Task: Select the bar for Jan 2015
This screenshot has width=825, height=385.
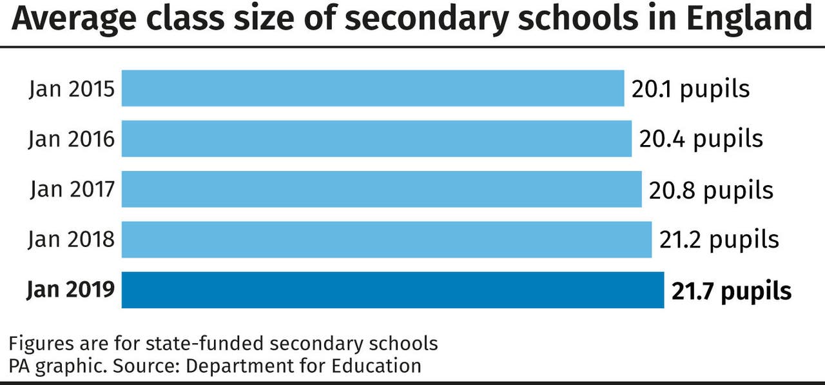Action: pyautogui.click(x=373, y=88)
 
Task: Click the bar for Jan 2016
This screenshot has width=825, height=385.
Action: pyautogui.click(x=376, y=139)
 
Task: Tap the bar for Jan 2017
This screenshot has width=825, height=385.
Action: pyautogui.click(x=382, y=189)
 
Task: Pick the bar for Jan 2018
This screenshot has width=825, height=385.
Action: pyautogui.click(x=387, y=239)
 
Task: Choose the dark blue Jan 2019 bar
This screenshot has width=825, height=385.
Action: pyautogui.click(x=393, y=290)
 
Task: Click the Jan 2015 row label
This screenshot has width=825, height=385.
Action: pyautogui.click(x=72, y=89)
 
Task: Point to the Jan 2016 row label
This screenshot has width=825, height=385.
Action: pyautogui.click(x=72, y=139)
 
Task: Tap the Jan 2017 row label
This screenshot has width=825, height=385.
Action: pyautogui.click(x=72, y=190)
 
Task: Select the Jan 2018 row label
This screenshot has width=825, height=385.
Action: pyautogui.click(x=72, y=240)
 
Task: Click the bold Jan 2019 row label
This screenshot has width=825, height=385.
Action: pyautogui.click(x=71, y=290)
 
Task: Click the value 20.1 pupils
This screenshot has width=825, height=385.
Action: pyautogui.click(x=690, y=89)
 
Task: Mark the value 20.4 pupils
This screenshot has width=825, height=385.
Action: pyautogui.click(x=701, y=139)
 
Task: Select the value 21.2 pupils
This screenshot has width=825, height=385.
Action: pyautogui.click(x=719, y=240)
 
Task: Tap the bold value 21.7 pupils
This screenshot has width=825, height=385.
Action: pyautogui.click(x=732, y=291)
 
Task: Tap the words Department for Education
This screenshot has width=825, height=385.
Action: pyautogui.click(x=304, y=366)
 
